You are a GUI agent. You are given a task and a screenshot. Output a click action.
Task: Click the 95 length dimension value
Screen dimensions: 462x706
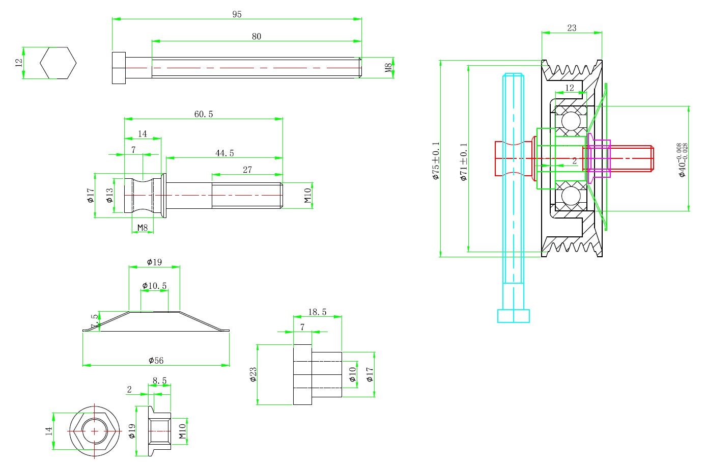pos(237,14)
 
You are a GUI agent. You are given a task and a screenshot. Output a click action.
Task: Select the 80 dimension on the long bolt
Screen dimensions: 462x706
pos(256,36)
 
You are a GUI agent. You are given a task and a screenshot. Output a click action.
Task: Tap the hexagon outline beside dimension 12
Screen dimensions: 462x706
pos(58,63)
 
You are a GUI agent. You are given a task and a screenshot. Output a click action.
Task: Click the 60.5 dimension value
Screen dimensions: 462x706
pos(204,114)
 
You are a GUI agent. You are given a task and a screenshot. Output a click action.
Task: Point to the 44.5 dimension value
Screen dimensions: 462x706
pos(224,153)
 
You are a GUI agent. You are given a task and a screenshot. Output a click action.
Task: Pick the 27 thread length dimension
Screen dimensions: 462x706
pos(247,170)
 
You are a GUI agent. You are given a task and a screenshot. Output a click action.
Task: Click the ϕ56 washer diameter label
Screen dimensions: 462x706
pos(156,360)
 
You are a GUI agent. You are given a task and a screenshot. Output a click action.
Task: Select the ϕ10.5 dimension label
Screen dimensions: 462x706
pos(154,286)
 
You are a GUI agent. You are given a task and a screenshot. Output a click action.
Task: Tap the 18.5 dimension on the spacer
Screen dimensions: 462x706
pos(317,312)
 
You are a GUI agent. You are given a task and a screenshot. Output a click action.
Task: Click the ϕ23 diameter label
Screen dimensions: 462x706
pos(253,374)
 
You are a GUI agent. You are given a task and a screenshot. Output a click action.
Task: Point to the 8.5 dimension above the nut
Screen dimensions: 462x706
pos(159,381)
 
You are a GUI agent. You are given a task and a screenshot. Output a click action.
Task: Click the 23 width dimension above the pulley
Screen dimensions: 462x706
pos(572,28)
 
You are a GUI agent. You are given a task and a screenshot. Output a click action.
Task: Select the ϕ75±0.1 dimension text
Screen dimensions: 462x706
pos(436,161)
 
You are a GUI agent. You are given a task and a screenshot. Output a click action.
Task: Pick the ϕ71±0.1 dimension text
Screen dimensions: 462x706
pos(463,162)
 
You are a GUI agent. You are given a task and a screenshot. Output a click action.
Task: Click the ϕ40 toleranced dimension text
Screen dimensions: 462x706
pos(682,159)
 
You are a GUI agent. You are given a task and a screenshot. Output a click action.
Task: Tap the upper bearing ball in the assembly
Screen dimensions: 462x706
pos(571,121)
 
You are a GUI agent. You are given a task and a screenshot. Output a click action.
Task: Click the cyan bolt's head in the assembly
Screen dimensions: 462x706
pos(513,316)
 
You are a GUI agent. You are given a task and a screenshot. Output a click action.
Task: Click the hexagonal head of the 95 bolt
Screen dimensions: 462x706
pos(119,68)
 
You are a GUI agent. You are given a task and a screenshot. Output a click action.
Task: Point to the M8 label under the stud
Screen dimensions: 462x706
pos(143,227)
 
